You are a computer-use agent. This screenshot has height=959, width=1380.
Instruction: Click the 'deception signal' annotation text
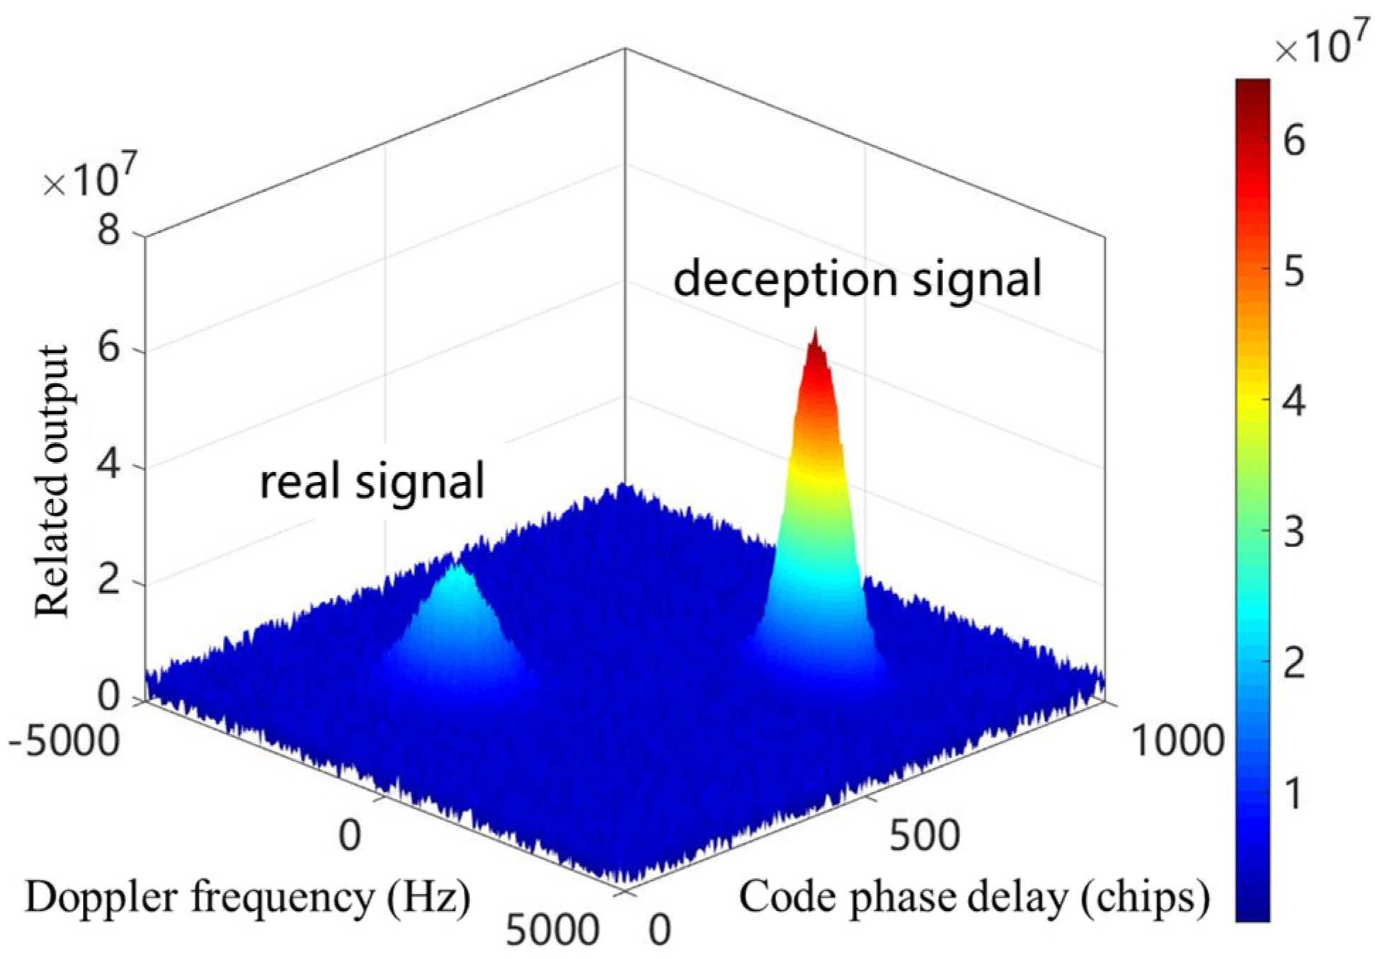click(857, 278)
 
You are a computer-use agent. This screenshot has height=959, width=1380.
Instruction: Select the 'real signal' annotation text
click(372, 481)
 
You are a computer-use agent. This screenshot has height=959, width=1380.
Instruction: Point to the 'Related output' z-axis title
click(52, 481)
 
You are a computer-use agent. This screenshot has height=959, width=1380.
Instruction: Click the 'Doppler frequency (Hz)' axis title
click(248, 897)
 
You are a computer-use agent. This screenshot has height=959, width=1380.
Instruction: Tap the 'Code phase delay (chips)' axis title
click(974, 897)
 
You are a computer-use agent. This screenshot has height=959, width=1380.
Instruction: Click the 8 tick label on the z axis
click(109, 230)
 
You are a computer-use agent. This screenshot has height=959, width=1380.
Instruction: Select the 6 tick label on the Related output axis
click(109, 349)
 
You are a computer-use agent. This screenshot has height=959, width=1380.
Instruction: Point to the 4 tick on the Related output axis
click(109, 467)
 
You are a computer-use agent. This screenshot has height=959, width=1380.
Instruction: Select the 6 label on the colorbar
click(1294, 141)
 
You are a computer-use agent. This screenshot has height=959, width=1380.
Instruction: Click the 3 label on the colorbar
click(1294, 532)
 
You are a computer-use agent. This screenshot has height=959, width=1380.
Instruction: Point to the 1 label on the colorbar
click(1294, 793)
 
